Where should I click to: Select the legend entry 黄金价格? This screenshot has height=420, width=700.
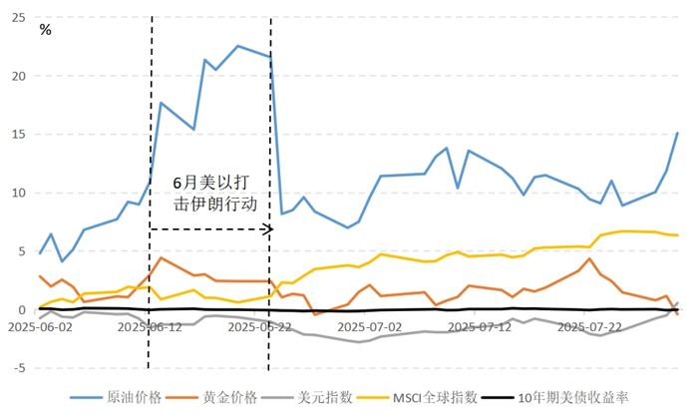tap(230, 397)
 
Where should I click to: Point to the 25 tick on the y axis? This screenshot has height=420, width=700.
tap(17, 17)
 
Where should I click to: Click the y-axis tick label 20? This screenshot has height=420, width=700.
tap(17, 76)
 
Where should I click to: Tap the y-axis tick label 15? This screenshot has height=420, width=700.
tap(17, 134)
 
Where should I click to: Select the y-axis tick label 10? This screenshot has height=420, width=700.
tap(17, 193)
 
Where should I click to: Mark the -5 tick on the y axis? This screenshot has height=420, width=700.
tap(17, 368)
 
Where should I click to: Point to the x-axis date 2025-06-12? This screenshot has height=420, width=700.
tap(149, 325)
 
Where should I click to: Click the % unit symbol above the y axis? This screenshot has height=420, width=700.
tap(46, 30)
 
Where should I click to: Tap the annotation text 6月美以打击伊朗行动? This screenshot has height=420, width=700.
tap(214, 194)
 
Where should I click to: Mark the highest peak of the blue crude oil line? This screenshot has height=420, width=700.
tap(237, 46)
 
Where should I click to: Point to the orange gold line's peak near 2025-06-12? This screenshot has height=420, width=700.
tap(161, 258)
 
